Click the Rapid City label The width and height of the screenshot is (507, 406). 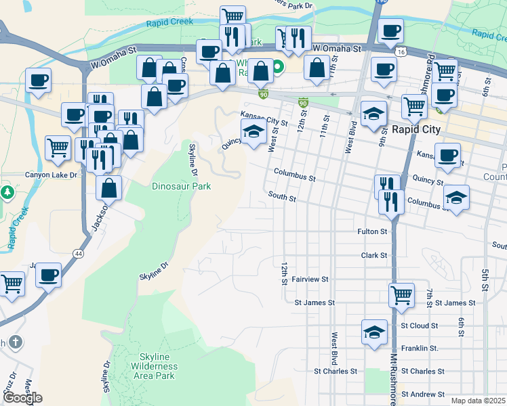click(x=416, y=129)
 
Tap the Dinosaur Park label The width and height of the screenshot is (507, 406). click(x=181, y=186)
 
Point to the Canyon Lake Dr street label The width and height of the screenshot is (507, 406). click(x=52, y=175)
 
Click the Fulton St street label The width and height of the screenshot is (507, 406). click(x=372, y=231)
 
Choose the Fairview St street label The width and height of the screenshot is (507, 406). click(x=310, y=279)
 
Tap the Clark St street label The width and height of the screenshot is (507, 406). click(x=373, y=255)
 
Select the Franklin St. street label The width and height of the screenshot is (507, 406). click(x=420, y=348)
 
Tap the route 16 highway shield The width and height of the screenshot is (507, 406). click(x=402, y=51)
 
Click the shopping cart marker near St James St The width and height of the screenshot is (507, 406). click(x=401, y=294)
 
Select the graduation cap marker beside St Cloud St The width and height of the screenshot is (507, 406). click(x=373, y=332)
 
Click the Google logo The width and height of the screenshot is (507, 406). click(x=22, y=398)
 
